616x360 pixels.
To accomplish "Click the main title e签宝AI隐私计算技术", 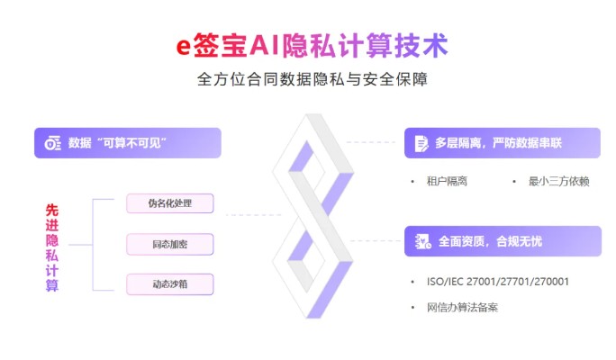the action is point(312,45).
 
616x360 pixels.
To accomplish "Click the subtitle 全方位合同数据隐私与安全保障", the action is point(312,79).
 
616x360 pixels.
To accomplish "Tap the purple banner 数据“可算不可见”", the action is point(128,143).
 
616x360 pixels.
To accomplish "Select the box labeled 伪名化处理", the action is point(169,203).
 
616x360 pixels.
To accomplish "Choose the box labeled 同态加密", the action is point(169,244).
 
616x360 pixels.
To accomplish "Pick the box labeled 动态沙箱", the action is point(169,284).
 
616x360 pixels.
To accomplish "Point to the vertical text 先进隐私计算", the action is point(52,247).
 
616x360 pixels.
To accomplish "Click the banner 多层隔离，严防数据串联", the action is point(503,143).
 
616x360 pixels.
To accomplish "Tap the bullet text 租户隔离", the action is point(447,182).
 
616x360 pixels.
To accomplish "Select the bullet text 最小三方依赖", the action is point(558,182).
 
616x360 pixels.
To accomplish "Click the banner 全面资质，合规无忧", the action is point(503,241).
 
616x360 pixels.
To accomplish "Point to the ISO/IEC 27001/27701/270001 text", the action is point(498,282).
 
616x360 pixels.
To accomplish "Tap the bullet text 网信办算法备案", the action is point(462,307).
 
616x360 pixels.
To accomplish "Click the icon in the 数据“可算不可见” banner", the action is point(52,143).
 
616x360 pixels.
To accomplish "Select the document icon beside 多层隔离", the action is point(421,143).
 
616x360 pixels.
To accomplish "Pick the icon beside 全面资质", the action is point(423,241).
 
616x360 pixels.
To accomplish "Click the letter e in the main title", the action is point(183,46).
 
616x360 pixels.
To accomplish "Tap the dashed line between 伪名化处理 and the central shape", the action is point(254,215).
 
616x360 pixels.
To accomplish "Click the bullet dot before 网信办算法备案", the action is point(412,308).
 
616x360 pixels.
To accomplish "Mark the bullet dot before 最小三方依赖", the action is point(514,182).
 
